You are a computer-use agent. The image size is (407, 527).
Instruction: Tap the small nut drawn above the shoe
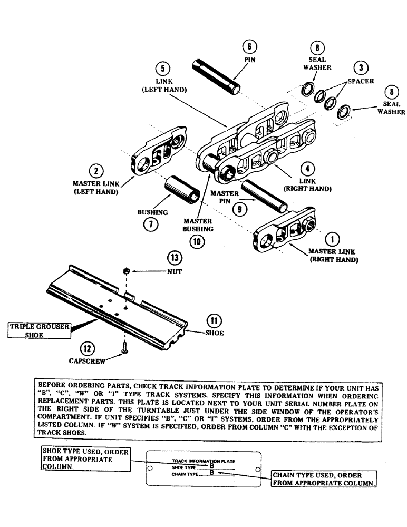(x=127, y=271)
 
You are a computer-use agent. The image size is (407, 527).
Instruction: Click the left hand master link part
(x=159, y=152)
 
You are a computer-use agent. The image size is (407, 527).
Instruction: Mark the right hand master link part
(x=285, y=232)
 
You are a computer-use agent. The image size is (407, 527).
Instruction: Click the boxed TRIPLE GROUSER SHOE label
(x=40, y=330)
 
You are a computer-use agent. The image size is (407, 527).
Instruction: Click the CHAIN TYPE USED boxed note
(x=324, y=479)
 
